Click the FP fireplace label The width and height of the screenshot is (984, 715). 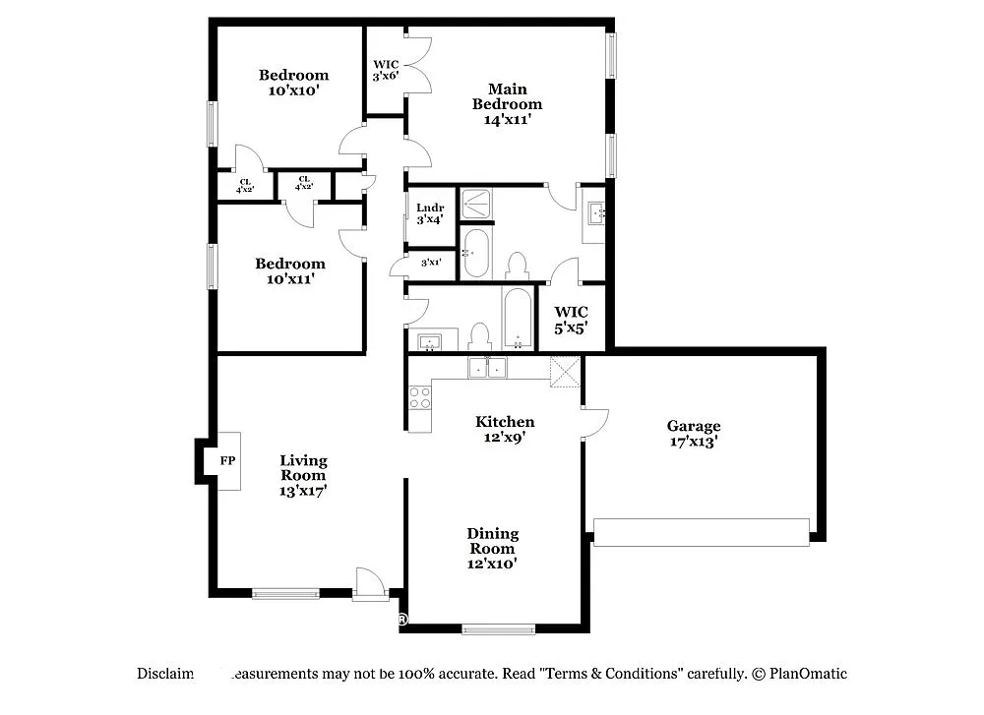(x=227, y=461)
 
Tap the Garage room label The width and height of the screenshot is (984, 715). (x=694, y=434)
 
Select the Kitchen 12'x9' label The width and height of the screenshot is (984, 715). (x=505, y=430)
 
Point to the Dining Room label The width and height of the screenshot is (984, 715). (x=492, y=548)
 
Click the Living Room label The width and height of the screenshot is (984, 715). (x=303, y=475)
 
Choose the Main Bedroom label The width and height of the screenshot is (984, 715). (x=507, y=104)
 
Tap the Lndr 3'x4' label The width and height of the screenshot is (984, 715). (x=430, y=213)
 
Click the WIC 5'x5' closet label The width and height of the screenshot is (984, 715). (x=570, y=321)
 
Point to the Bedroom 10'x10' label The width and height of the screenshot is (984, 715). (x=293, y=82)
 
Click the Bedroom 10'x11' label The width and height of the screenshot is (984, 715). (x=289, y=270)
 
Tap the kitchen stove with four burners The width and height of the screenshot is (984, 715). (x=420, y=397)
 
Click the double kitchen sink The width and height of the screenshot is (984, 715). (x=487, y=368)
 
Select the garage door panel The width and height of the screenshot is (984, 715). (x=702, y=532)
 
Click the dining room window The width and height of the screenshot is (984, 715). (x=498, y=628)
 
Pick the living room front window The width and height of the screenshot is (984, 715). (x=285, y=593)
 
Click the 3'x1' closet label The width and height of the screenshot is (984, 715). (x=430, y=263)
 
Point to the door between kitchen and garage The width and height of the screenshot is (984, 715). (x=594, y=422)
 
